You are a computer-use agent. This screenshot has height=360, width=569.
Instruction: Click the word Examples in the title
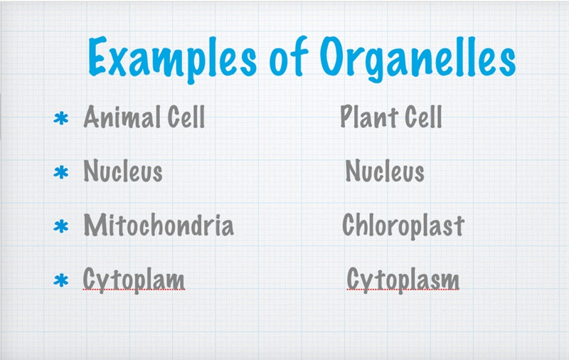pos(172,58)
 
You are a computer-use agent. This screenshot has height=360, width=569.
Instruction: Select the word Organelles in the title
pos(418,58)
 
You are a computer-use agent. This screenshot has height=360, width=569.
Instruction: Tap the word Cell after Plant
pos(423,117)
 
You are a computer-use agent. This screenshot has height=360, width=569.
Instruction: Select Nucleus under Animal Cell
pos(123,171)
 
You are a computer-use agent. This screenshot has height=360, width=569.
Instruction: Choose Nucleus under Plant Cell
pos(385,171)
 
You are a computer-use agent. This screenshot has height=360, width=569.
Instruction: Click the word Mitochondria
pos(159,225)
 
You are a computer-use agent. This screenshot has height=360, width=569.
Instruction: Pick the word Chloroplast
pos(403,226)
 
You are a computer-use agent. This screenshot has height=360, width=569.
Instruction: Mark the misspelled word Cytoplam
pos(134,280)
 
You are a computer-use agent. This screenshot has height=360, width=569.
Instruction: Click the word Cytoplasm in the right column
pos(403,280)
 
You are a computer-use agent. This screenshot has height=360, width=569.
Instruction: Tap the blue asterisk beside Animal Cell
pos(61,119)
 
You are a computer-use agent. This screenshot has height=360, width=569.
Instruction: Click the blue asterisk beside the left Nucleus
pos(61,172)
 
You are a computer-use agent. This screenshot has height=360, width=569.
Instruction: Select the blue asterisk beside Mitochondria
pos(61,226)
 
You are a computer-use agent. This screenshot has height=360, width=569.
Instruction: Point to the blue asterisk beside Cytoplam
pos(61,280)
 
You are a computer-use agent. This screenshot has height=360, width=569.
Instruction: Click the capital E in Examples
pos(97,56)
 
